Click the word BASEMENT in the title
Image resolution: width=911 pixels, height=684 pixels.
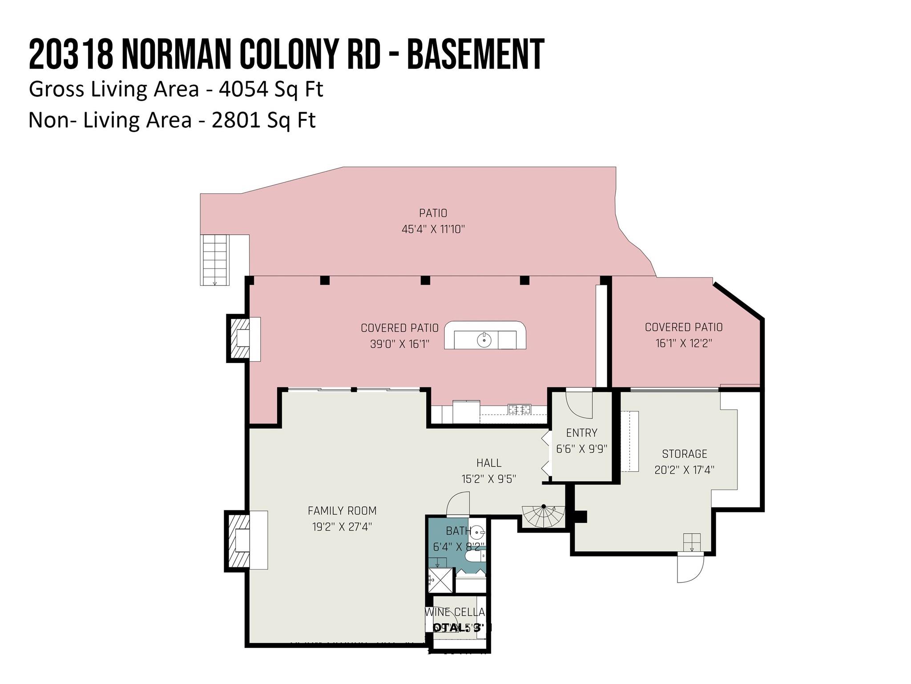point(475,54)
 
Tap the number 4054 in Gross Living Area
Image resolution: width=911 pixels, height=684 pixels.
point(243,89)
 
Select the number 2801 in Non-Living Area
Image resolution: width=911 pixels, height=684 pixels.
point(236,120)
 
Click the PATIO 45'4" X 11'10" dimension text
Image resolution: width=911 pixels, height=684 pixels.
point(433,229)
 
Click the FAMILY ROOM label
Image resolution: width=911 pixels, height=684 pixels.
point(342,511)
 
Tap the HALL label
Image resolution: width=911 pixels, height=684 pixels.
point(488,463)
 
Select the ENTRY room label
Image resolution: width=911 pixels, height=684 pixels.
point(581,433)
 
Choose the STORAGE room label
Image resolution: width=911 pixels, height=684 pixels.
point(684,454)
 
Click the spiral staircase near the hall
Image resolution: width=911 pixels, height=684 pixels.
point(544,517)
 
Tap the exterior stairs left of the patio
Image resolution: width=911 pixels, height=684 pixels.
point(215,260)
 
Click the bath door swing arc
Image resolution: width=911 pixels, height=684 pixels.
point(458,503)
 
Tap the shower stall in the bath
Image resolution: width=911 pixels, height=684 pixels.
point(440,580)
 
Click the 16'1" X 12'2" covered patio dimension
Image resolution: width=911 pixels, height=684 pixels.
point(684,343)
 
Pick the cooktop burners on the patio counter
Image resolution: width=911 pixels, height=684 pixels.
point(519,409)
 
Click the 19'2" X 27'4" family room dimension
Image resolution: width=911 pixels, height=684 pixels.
point(342,527)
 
